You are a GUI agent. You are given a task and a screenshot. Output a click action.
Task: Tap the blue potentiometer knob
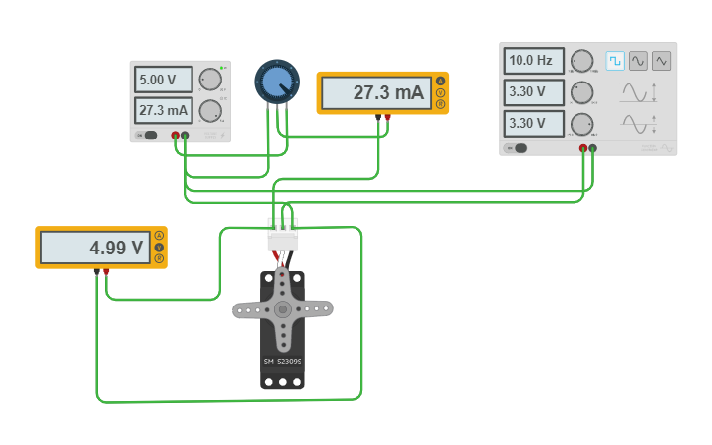[275, 82]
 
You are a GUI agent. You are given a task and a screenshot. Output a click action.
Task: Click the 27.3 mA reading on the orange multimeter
[376, 93]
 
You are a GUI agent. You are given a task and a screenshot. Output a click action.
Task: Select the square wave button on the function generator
[615, 61]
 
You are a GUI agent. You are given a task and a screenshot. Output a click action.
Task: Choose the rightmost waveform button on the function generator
[662, 61]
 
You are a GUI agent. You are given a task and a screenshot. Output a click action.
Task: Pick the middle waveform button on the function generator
[638, 61]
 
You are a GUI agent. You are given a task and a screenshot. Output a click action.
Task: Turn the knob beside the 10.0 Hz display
[582, 61]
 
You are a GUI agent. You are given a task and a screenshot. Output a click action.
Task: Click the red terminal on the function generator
[583, 148]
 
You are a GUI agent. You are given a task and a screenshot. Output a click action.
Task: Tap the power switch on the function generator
[518, 148]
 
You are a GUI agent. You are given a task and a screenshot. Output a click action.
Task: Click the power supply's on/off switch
[149, 135]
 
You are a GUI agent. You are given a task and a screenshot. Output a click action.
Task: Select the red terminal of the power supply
[176, 135]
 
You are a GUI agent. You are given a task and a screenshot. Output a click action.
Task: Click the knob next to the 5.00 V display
[210, 80]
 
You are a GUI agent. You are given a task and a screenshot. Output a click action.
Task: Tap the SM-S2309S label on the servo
[283, 362]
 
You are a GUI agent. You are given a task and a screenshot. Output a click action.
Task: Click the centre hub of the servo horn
[283, 309]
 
